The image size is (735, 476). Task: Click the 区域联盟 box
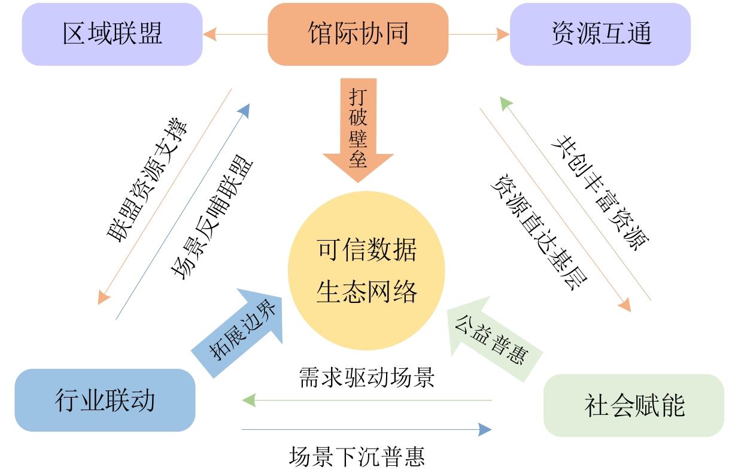tap(112, 34)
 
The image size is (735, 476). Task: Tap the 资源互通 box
tap(600, 34)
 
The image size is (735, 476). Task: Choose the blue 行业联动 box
tap(105, 400)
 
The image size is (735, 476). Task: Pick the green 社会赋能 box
tap(634, 405)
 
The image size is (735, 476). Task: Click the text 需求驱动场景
tap(366, 378)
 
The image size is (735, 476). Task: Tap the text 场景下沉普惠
tap(357, 457)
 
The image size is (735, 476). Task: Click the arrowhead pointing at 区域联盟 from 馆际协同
tap(209, 34)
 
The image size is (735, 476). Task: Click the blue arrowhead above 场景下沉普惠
tap(485, 429)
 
